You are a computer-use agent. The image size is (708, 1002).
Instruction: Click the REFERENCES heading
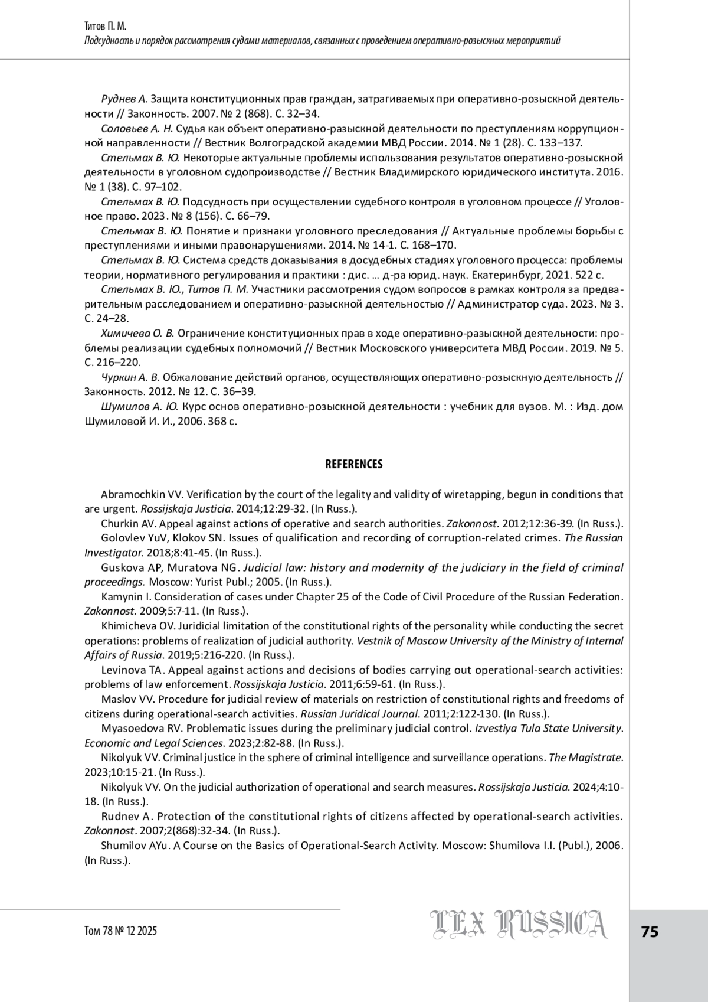[x=353, y=464]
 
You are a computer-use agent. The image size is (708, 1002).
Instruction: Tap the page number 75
[x=650, y=932]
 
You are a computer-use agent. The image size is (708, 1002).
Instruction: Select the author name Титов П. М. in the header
[x=106, y=27]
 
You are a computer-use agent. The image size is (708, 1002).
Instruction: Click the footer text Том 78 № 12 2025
[x=121, y=931]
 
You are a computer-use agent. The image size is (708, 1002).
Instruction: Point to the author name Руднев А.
[x=124, y=99]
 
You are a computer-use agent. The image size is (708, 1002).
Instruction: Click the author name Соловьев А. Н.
[x=137, y=128]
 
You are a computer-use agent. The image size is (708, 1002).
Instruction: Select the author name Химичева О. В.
[x=137, y=333]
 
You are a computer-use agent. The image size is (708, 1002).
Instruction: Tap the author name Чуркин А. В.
[x=130, y=377]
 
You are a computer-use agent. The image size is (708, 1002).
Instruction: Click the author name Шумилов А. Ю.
[x=140, y=406]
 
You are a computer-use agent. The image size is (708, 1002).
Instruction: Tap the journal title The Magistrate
[x=586, y=757]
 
